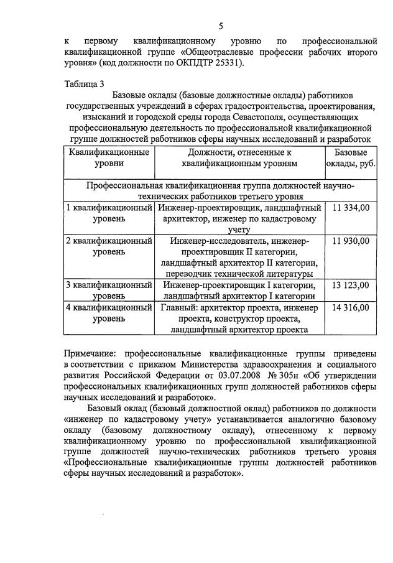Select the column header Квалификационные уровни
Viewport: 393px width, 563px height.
pos(109,157)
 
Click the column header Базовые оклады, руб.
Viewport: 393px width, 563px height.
pos(351,157)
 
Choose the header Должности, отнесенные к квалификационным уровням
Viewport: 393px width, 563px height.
pos(239,157)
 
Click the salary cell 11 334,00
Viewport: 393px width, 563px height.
pos(351,207)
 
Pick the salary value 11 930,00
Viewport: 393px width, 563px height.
pos(351,241)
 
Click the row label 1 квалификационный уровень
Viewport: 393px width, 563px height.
pos(109,213)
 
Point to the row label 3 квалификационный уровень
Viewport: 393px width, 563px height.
pos(109,291)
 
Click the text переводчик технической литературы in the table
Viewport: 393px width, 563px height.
pos(239,274)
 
